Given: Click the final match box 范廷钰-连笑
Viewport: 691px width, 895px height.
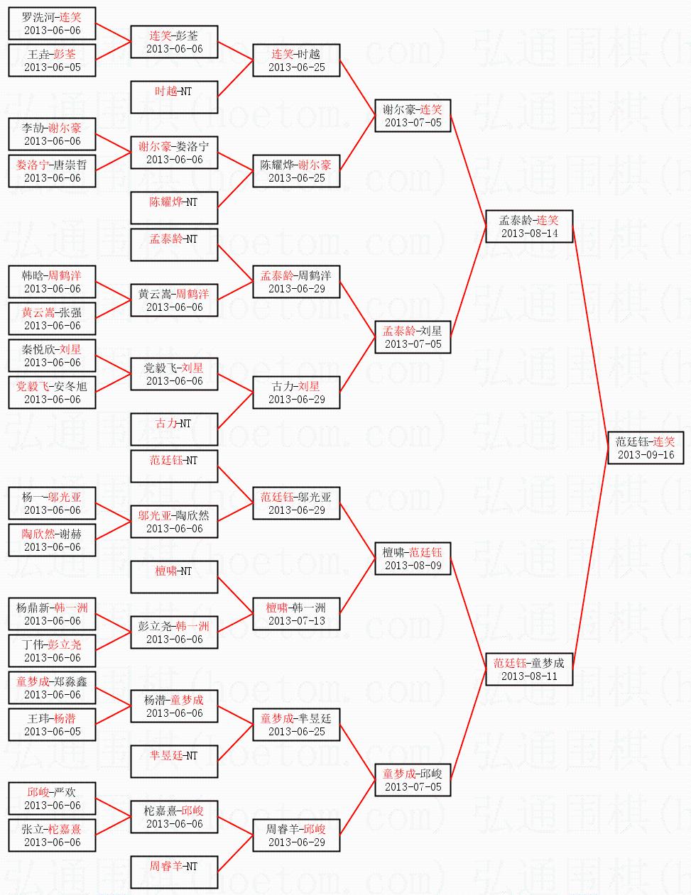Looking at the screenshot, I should [646, 448].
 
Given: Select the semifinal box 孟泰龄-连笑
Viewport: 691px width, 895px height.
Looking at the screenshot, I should [529, 226].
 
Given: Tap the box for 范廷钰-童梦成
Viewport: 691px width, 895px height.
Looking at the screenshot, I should [529, 669].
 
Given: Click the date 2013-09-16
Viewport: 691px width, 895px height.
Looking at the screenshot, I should [646, 455].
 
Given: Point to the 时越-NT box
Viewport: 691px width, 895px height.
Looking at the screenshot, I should [174, 97].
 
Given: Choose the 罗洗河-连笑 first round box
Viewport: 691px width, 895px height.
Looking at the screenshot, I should [53, 23].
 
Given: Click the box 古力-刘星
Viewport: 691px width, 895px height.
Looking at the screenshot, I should [297, 392].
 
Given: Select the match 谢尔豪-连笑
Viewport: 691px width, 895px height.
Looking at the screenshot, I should [413, 116].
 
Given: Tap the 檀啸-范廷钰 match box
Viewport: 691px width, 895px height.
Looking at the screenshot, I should [413, 559].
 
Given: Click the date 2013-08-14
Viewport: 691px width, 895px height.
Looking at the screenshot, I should [529, 234].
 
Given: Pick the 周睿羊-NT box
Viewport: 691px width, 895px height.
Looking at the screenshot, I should [174, 872].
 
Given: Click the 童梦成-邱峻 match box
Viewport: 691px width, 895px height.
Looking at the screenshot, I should [413, 780].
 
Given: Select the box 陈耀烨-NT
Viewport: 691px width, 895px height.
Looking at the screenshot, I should [174, 208].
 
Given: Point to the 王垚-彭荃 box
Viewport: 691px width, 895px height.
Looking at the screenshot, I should [53, 60].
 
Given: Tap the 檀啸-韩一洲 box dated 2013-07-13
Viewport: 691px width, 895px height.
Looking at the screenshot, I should [297, 614].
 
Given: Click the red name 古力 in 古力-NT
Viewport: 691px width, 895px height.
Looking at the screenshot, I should [166, 424].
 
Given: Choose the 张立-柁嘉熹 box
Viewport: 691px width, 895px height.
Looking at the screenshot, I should [53, 835].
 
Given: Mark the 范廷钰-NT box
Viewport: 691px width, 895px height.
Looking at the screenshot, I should [174, 466].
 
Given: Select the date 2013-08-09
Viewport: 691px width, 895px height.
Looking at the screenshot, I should [413, 566].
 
